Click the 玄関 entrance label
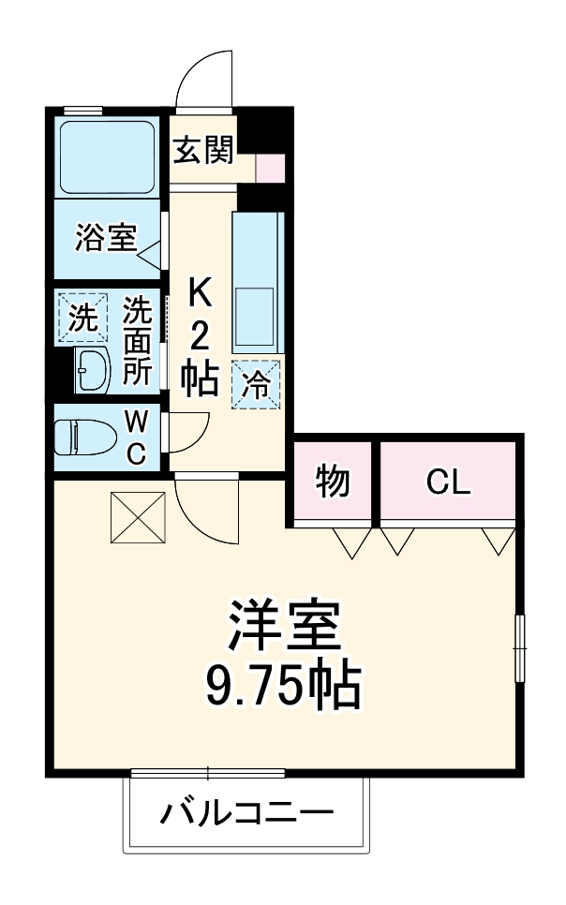(202, 150)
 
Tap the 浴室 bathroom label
(106, 239)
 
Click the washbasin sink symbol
(93, 371)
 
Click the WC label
(136, 437)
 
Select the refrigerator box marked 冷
(255, 383)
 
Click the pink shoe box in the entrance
(270, 168)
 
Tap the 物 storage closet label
(333, 482)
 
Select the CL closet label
(448, 482)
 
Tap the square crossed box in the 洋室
(137, 516)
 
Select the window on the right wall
(520, 647)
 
